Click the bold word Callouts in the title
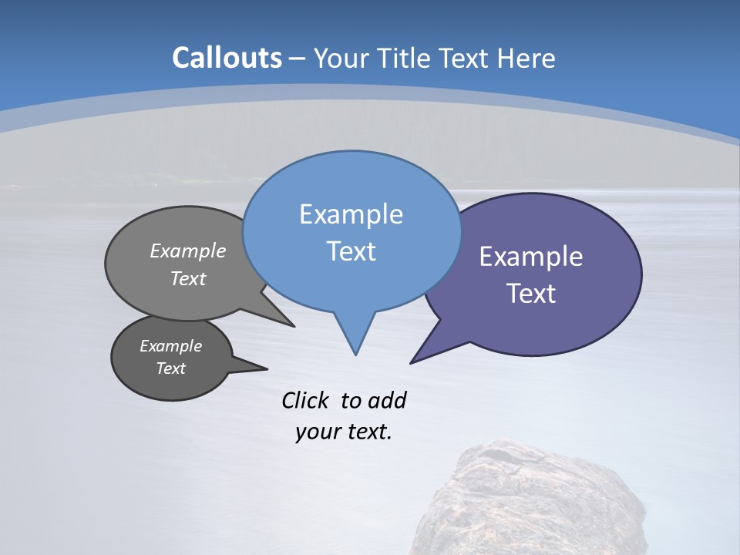[x=227, y=58]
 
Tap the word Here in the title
[x=526, y=58]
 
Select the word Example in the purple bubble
[x=531, y=257]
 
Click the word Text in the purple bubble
[x=531, y=294]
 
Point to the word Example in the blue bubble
[x=351, y=214]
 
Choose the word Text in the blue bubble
[x=351, y=251]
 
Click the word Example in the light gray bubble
[x=188, y=251]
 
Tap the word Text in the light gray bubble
[x=188, y=278]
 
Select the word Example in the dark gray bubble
[x=170, y=346]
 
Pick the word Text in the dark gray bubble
[x=170, y=368]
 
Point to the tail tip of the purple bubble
[x=412, y=362]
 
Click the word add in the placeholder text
[x=387, y=400]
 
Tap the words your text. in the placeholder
[x=344, y=432]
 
